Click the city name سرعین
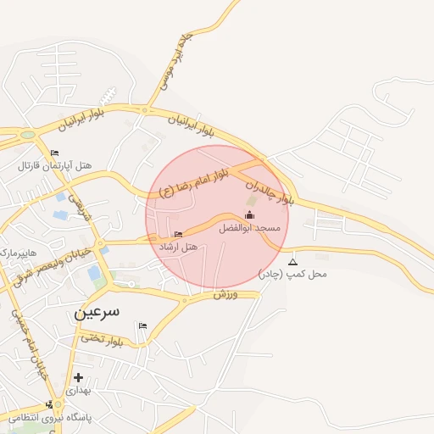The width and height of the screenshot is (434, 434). pyautogui.click(x=97, y=312)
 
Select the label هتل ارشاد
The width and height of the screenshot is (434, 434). pyautogui.click(x=178, y=247)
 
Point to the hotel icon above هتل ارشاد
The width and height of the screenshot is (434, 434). pyautogui.click(x=177, y=234)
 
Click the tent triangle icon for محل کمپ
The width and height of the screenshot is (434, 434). pyautogui.click(x=293, y=262)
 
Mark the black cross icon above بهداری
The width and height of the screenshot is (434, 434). pyautogui.click(x=79, y=377)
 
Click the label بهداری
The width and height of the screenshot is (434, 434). pyautogui.click(x=78, y=391)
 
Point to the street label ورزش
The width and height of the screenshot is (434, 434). pyautogui.click(x=223, y=294)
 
